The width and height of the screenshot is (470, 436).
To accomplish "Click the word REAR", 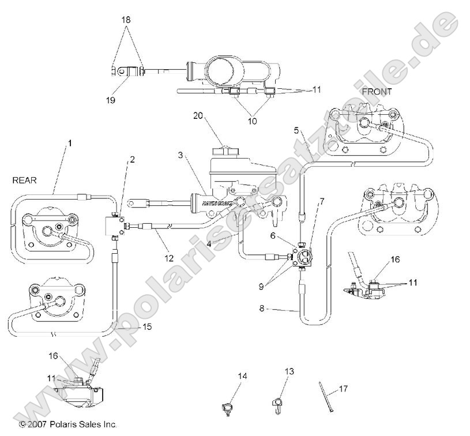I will pos(25,181).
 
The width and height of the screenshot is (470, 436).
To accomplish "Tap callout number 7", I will pos(322,202).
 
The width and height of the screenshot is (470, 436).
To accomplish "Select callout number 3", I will pos(181,156).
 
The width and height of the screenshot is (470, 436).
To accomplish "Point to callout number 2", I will pos(133,160).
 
